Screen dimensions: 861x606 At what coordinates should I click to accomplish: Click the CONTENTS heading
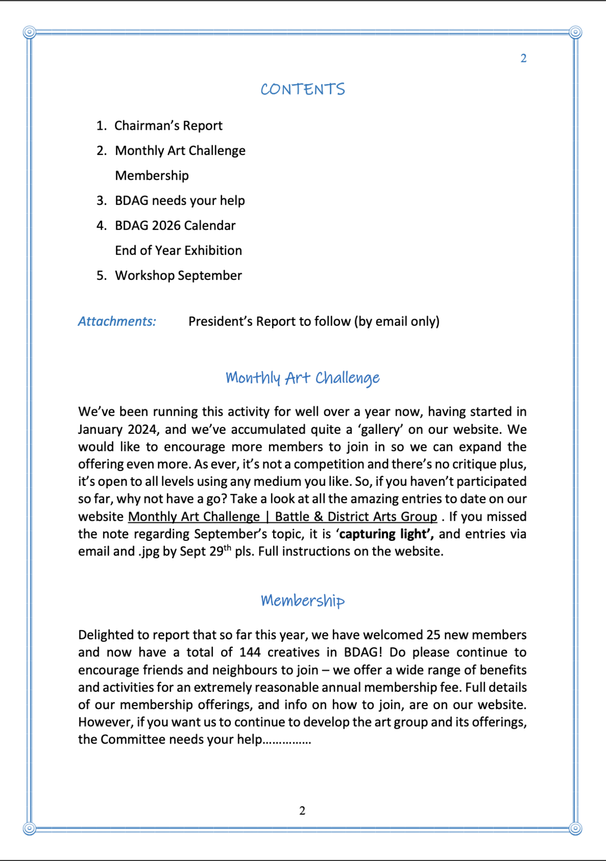click(x=302, y=89)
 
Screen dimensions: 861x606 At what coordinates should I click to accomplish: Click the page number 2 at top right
click(x=523, y=58)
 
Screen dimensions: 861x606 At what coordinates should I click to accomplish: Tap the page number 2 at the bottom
click(x=302, y=811)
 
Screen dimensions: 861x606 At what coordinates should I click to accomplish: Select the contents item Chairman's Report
click(x=168, y=126)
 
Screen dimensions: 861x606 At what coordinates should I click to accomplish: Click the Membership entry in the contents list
click(x=151, y=175)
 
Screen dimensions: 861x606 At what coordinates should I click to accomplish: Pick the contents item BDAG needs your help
click(x=179, y=200)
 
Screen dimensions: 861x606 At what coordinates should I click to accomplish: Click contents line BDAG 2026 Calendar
click(x=175, y=225)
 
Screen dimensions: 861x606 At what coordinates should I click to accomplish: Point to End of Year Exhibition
click(x=178, y=250)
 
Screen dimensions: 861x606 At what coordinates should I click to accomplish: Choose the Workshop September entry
click(x=178, y=275)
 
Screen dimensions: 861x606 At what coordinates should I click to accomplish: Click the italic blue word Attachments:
click(x=117, y=321)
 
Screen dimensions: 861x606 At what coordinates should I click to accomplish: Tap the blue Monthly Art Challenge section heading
click(x=302, y=378)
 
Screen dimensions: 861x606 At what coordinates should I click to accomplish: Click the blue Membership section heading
click(x=302, y=601)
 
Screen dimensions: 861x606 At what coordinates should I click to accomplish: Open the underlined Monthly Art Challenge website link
click(x=282, y=516)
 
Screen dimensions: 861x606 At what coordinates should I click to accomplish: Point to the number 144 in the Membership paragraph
click(x=250, y=652)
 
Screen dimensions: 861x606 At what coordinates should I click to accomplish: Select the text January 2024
click(x=117, y=429)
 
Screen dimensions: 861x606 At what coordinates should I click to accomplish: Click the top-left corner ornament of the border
click(x=29, y=32)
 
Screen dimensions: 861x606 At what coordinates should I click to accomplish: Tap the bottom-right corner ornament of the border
click(x=576, y=829)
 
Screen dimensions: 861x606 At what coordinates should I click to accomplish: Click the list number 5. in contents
click(x=102, y=275)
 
